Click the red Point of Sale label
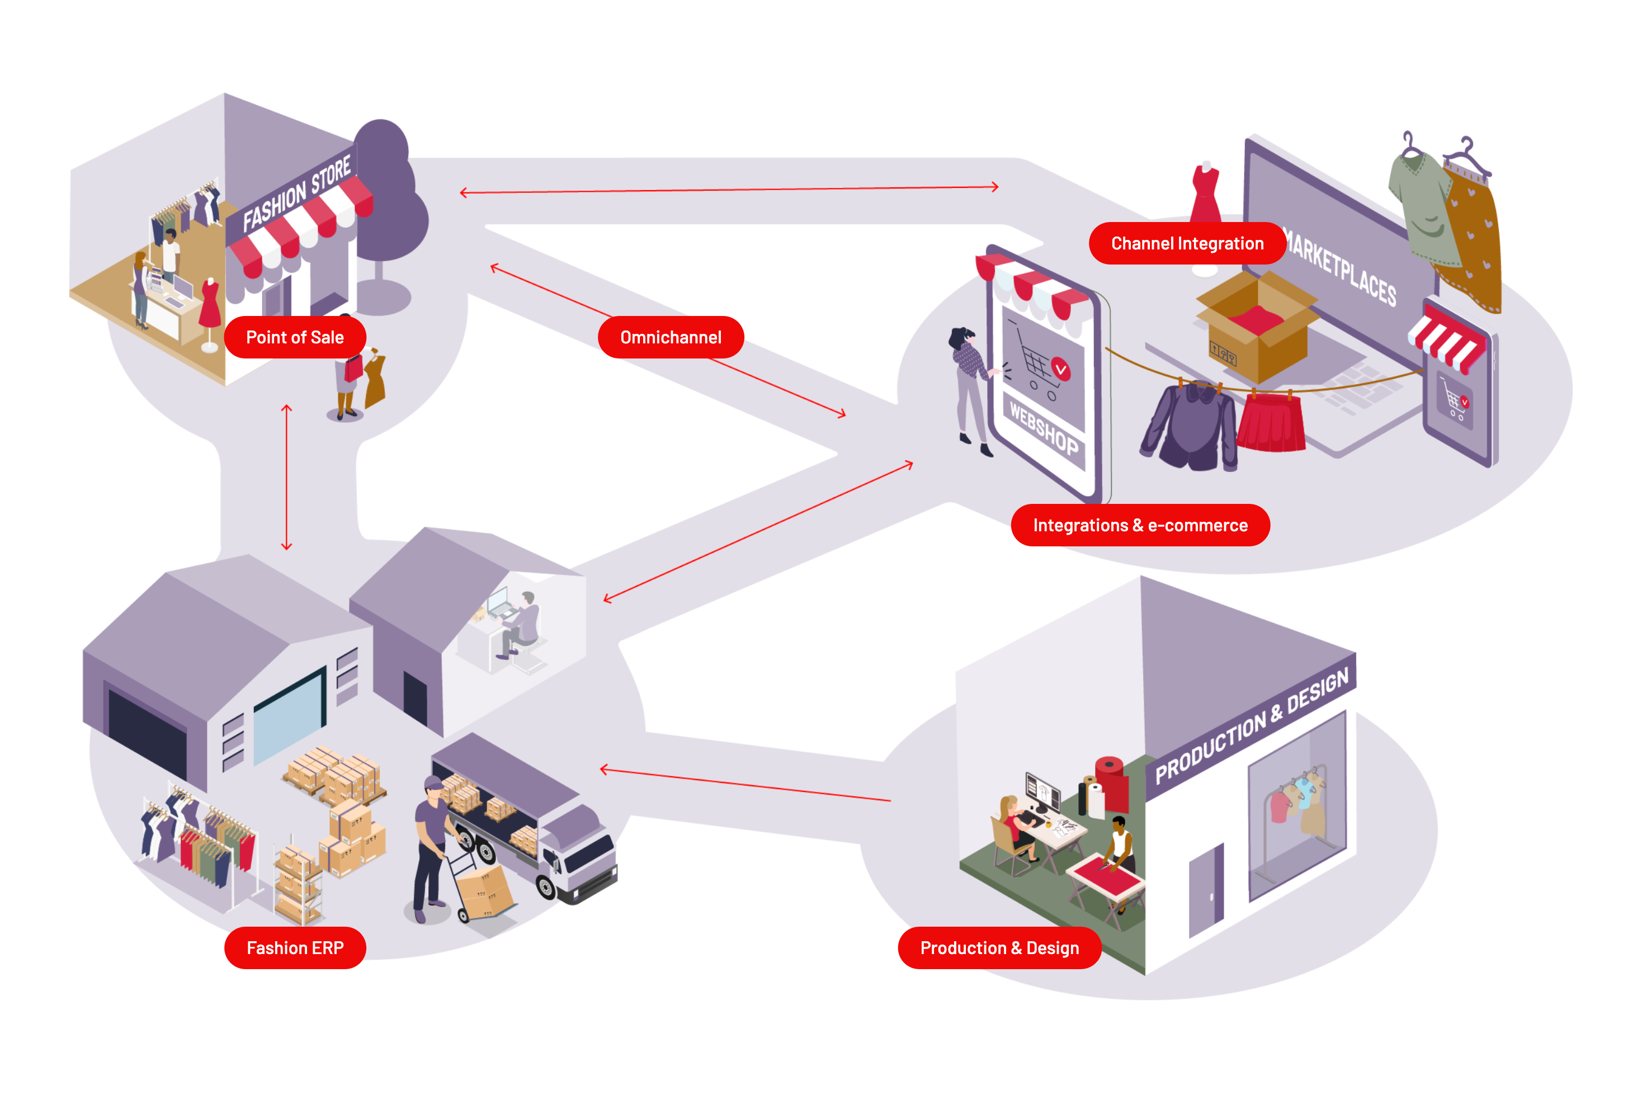[x=295, y=337]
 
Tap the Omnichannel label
[x=671, y=337]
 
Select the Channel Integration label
[x=1187, y=243]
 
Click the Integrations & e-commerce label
[x=1140, y=525]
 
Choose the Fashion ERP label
[x=295, y=948]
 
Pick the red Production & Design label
[x=999, y=948]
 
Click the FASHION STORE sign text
[x=297, y=193]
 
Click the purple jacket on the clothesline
[x=1190, y=426]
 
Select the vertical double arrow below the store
[x=286, y=477]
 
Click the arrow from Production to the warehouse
[x=745, y=785]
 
